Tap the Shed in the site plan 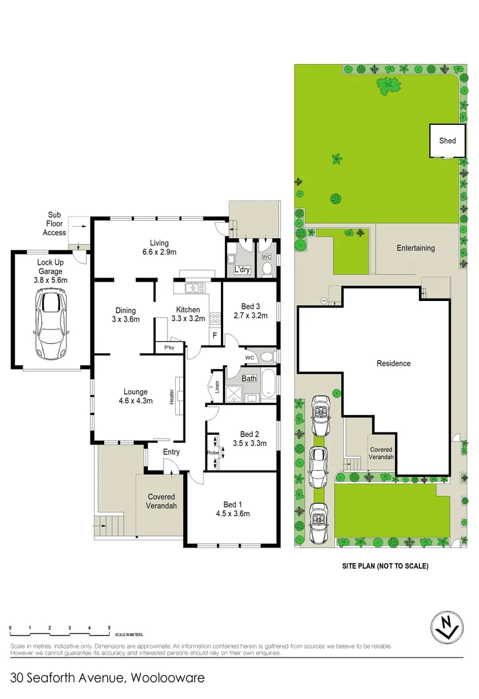447,140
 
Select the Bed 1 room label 233,504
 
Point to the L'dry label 242,269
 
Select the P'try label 169,348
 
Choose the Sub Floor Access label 54,224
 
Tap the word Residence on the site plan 393,363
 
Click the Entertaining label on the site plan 416,248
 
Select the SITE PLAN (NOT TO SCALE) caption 385,566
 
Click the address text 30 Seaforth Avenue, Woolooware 108,678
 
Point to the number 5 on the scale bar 109,628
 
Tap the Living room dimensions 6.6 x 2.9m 159,252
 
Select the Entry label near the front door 171,452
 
